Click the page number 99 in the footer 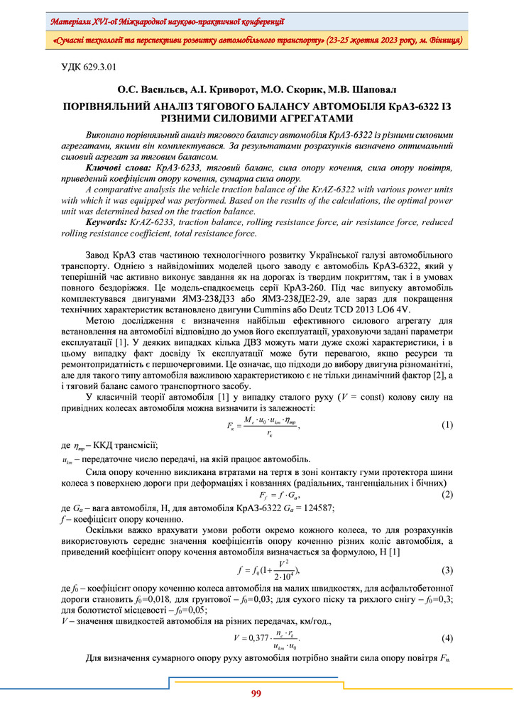(x=256, y=694)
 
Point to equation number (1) (x=447, y=425)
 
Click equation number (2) (x=447, y=494)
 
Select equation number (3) (x=447, y=570)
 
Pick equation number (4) (x=447, y=638)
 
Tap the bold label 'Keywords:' (x=106, y=222)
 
